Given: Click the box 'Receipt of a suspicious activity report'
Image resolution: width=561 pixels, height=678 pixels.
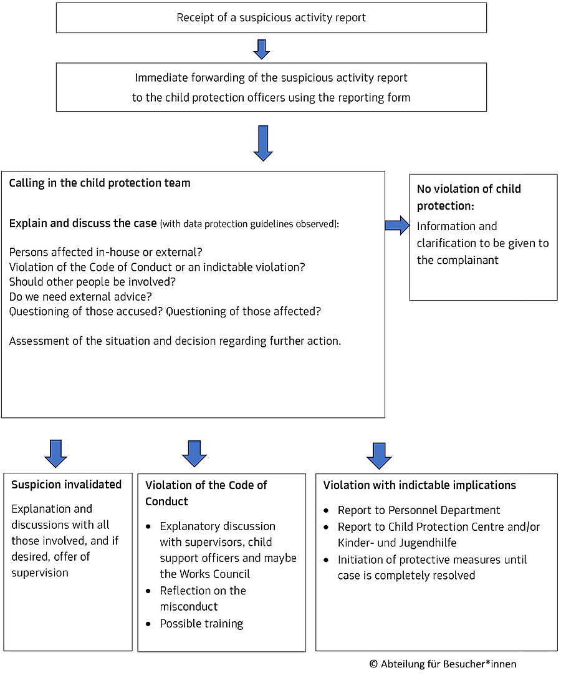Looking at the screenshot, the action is click(x=271, y=17).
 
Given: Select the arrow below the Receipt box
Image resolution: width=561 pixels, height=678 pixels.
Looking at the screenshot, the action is click(x=261, y=49).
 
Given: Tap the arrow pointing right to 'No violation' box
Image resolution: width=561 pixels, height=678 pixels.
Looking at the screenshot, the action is click(x=397, y=225).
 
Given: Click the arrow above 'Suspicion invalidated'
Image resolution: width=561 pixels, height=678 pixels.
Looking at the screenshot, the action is click(x=55, y=453).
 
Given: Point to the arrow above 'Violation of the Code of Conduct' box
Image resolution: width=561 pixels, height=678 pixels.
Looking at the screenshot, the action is click(x=194, y=453).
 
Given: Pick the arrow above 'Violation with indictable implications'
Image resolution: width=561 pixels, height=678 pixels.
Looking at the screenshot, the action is click(x=379, y=456).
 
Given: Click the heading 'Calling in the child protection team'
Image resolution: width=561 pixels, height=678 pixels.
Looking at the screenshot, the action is click(x=100, y=183).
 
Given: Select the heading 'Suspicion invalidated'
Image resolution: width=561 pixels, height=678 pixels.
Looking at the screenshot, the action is click(x=67, y=485).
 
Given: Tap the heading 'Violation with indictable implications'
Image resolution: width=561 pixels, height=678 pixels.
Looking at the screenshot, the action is click(x=420, y=486).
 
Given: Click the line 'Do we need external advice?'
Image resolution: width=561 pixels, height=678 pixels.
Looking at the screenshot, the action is click(x=80, y=297).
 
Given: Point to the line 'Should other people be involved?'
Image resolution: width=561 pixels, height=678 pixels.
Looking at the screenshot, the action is click(x=92, y=282).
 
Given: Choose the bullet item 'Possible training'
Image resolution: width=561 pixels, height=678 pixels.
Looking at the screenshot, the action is click(x=201, y=624).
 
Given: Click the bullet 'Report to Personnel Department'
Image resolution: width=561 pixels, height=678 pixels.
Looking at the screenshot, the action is click(x=419, y=510).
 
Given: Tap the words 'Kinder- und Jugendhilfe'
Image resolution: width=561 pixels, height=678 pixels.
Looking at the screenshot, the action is click(x=397, y=543).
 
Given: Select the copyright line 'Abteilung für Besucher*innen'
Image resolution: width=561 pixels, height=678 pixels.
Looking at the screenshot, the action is click(x=449, y=664).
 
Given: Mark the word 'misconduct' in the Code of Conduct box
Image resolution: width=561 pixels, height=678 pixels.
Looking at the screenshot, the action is click(x=189, y=607).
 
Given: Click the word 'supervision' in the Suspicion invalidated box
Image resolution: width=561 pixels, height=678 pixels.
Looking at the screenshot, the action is click(x=40, y=573).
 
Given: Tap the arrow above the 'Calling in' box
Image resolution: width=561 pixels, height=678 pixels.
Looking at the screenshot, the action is click(x=263, y=143).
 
